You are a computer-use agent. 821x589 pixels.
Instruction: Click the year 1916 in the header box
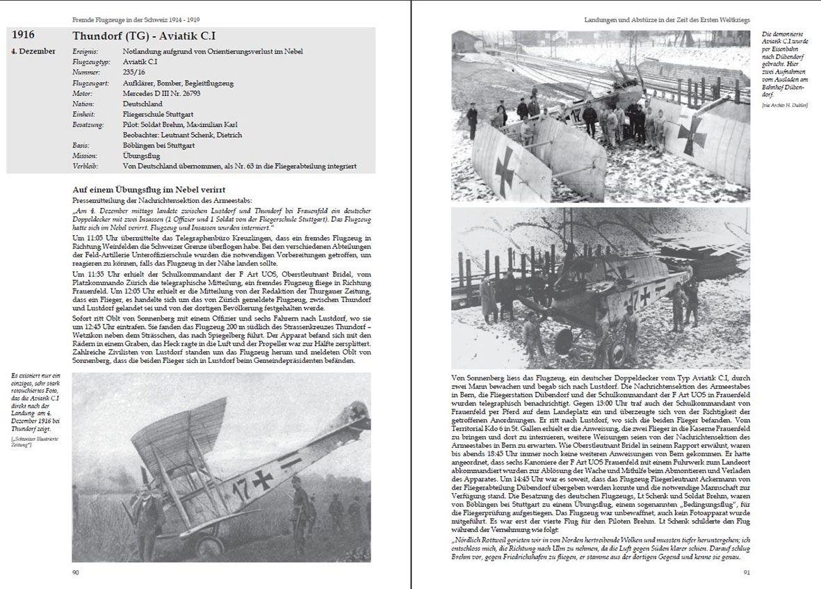[x=23, y=35]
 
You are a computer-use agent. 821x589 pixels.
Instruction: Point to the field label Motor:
[x=83, y=94]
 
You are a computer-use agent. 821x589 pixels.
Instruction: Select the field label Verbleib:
[x=87, y=166]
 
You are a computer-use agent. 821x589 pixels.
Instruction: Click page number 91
[x=746, y=572]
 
